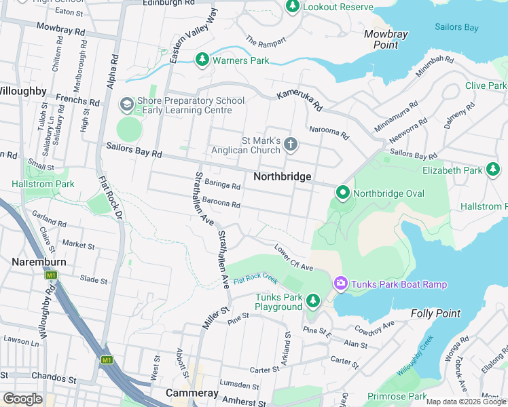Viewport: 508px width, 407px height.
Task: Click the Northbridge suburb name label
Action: tap(282, 176)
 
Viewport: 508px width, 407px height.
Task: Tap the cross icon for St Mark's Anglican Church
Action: tap(291, 143)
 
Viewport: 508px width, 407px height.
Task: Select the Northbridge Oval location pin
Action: tap(343, 193)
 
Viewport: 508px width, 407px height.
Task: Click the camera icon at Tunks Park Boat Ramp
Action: tap(340, 284)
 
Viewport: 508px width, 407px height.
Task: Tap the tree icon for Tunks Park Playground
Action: tap(312, 300)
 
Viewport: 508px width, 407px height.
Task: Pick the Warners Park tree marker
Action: tap(202, 60)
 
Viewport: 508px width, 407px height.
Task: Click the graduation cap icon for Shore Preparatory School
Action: tap(126, 104)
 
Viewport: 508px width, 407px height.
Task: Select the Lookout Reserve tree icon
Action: tap(293, 7)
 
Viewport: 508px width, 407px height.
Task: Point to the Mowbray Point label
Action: tap(386, 39)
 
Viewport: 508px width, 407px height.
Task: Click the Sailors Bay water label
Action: tap(457, 28)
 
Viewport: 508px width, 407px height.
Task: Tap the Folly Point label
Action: tap(435, 313)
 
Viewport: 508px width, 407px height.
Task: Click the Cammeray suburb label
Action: tap(192, 393)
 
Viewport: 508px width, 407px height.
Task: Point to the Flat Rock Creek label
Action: tap(256, 279)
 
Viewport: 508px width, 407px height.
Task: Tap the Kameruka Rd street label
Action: tap(299, 102)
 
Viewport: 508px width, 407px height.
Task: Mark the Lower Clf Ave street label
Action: tap(293, 257)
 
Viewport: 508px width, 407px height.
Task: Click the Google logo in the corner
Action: tap(22, 399)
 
